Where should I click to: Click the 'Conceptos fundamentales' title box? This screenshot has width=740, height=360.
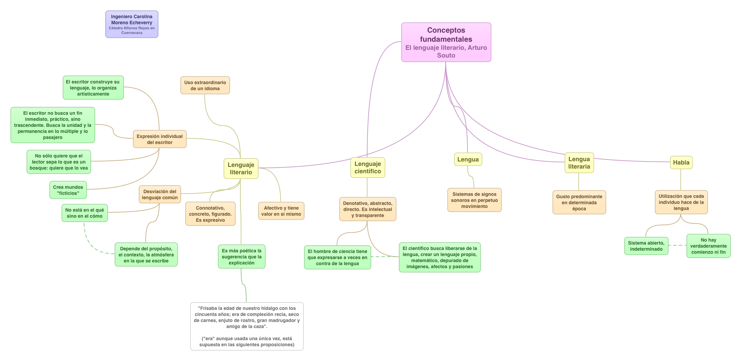coord(446,42)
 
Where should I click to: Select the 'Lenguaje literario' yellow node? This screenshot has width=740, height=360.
coord(241,169)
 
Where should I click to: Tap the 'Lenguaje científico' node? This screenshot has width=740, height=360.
coord(368,168)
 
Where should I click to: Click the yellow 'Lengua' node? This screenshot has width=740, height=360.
coord(468,159)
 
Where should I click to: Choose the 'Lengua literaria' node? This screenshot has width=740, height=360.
coord(579,163)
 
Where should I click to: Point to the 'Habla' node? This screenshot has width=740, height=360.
coord(681,163)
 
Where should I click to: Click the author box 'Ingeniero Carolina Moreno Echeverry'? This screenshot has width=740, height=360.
coord(132,24)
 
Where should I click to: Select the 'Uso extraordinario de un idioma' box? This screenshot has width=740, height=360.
coord(205,85)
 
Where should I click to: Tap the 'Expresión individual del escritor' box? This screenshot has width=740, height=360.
coord(159,139)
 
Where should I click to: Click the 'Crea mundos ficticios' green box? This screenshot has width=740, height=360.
coord(68,190)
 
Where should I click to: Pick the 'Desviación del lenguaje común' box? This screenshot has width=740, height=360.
coord(160,194)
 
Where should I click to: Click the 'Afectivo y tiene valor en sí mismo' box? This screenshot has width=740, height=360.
coord(281,211)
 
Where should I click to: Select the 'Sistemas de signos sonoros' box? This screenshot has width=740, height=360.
coord(474,200)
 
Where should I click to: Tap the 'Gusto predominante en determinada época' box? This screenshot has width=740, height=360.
coord(579,203)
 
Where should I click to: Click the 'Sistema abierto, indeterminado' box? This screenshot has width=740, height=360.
coord(646,246)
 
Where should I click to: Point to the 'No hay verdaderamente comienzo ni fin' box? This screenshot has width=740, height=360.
coord(708,246)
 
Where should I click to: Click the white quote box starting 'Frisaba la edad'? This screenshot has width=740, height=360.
coord(247,326)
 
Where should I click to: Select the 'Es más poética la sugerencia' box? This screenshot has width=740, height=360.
coord(242,257)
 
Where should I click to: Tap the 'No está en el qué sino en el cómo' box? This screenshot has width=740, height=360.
coord(84,213)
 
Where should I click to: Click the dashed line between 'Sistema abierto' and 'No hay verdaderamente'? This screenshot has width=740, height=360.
coord(677,245)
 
